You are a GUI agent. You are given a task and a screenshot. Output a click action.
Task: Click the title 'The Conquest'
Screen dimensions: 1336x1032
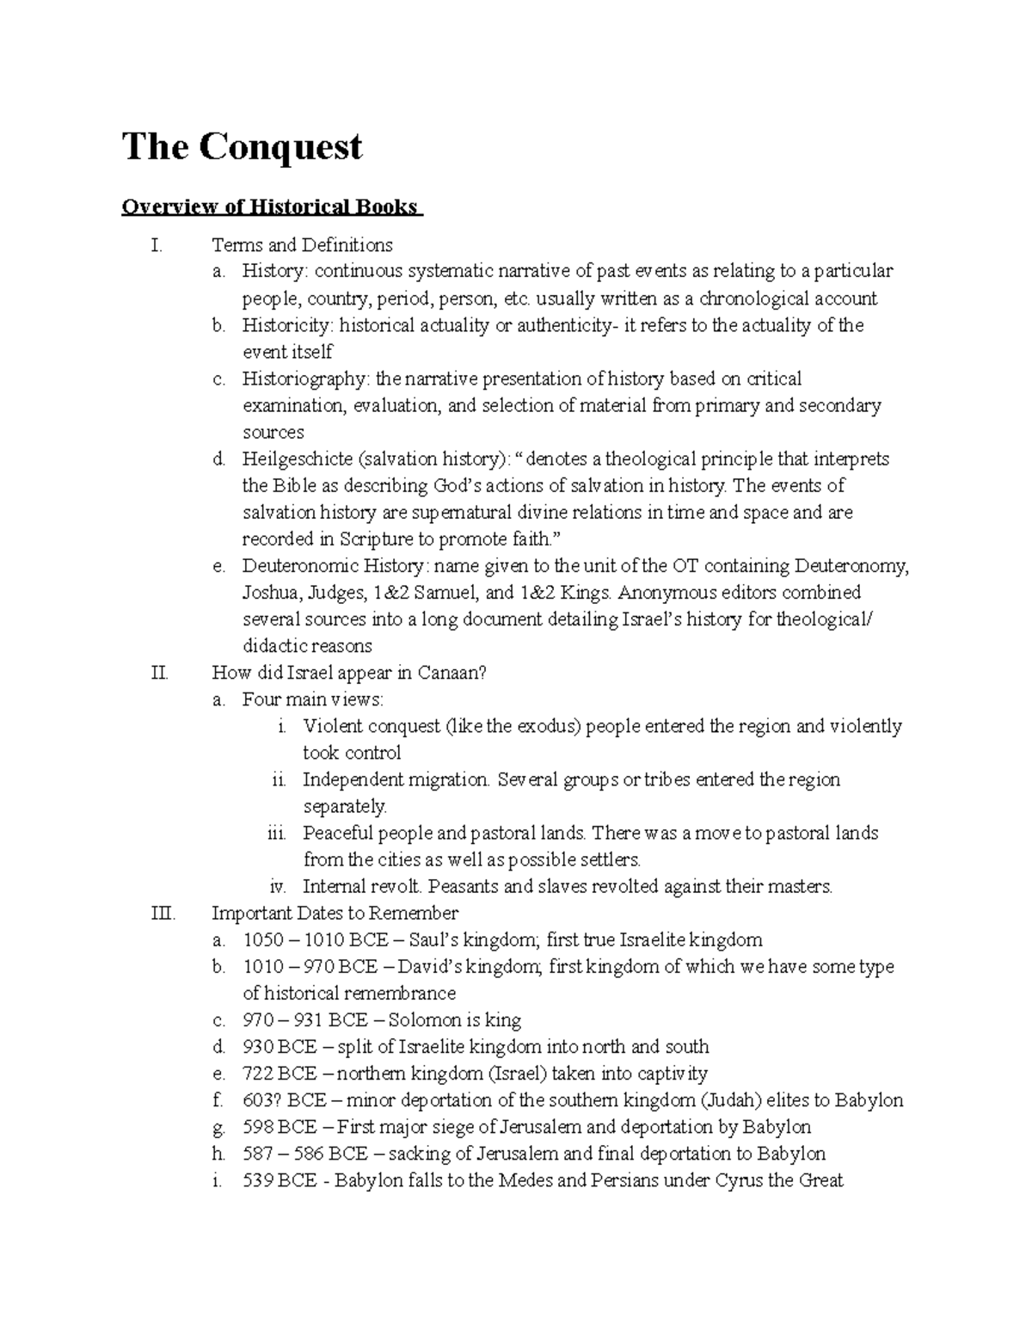242,147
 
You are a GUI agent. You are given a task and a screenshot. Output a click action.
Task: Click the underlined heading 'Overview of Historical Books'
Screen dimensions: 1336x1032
271,207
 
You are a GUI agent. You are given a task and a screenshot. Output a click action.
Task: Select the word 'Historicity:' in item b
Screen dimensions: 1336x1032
286,325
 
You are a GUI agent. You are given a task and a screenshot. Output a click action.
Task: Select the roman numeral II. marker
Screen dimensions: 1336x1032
159,673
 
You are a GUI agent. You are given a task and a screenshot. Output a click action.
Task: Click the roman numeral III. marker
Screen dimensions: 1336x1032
162,913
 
